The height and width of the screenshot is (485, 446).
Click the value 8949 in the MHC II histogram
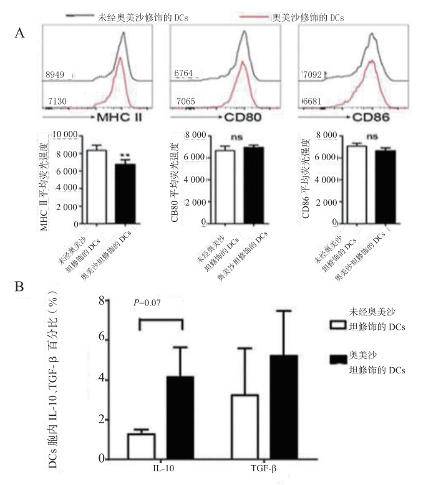point(54,75)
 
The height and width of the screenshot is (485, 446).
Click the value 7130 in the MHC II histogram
point(54,101)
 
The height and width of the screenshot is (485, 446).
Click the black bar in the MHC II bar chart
point(127,194)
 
